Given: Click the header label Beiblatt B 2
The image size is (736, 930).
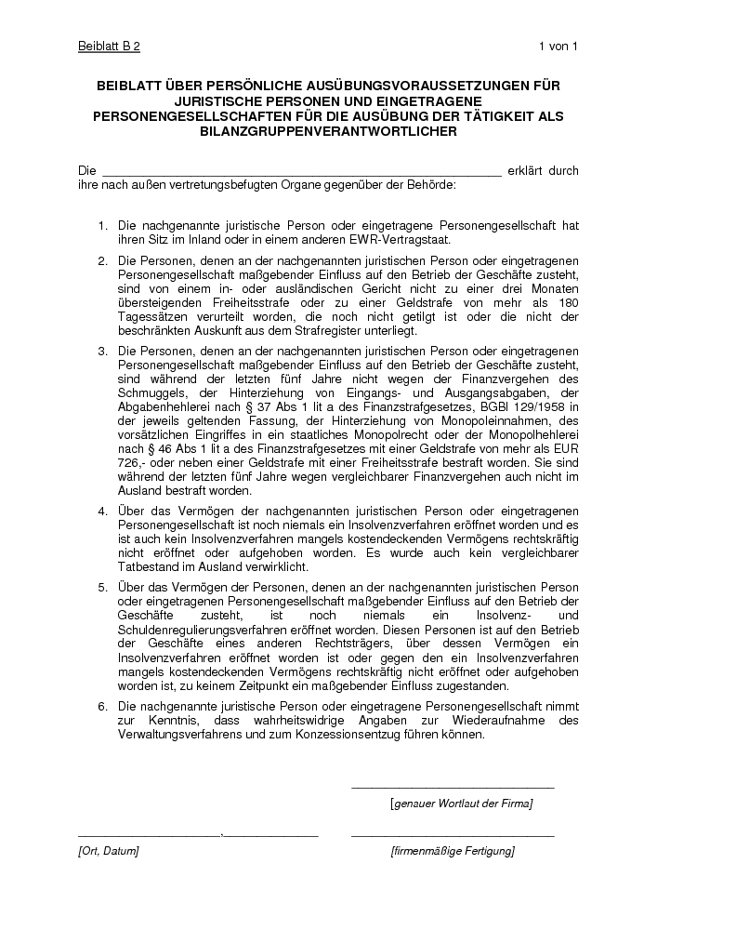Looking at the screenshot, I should point(109,46).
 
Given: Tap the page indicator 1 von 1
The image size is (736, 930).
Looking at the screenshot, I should point(558,46).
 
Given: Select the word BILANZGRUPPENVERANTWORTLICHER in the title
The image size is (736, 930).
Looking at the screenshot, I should point(328,132).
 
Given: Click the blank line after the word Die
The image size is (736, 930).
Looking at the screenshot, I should point(300,171).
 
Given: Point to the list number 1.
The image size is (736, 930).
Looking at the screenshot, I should point(102,226).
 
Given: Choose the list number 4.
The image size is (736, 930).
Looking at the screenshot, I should point(102,511).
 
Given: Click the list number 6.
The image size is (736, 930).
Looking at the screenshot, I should point(102,707).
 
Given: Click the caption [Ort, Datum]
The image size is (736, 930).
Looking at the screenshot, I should point(108,851).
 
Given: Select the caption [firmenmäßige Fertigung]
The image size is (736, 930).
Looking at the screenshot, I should point(453,851).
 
